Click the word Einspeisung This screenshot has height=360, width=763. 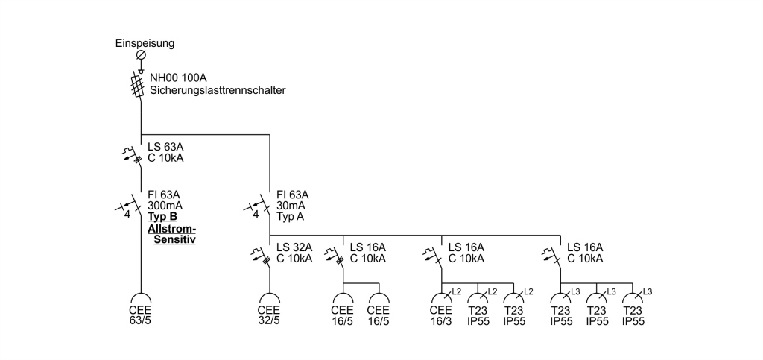(x=145, y=43)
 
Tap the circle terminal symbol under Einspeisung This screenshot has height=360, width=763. (x=141, y=54)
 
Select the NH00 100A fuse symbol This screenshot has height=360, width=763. (x=138, y=86)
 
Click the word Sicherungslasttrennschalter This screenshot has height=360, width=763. (x=218, y=90)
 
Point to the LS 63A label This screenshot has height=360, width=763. (x=165, y=147)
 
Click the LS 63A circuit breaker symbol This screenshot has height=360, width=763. (x=133, y=154)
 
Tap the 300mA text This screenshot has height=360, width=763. (x=165, y=206)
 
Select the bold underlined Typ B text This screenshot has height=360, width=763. (x=162, y=217)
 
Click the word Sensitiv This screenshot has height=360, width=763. (x=174, y=239)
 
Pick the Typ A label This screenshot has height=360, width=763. (x=290, y=216)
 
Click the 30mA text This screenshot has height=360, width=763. (x=292, y=206)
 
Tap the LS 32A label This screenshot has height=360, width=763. (x=294, y=247)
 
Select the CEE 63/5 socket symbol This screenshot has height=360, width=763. (x=141, y=297)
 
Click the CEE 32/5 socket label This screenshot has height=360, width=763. (x=269, y=316)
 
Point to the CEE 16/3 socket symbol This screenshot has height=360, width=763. (x=441, y=297)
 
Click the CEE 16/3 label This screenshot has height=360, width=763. (x=441, y=316)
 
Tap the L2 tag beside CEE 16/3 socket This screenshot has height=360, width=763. (x=457, y=291)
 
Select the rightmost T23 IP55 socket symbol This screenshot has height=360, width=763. (x=633, y=297)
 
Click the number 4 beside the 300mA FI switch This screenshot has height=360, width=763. (x=127, y=215)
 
